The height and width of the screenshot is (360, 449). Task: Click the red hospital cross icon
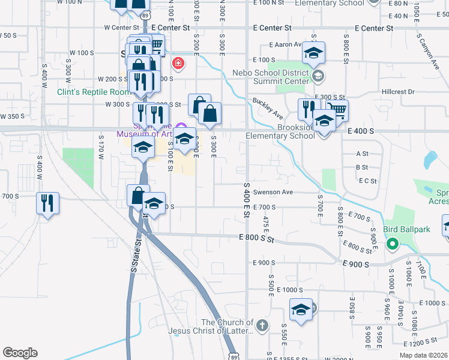coord(178,63)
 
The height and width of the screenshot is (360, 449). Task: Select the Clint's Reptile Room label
coord(94,92)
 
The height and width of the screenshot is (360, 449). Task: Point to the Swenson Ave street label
coord(273,192)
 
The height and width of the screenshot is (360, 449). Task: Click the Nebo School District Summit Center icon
coord(318,76)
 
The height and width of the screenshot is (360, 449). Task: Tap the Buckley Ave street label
coord(268,108)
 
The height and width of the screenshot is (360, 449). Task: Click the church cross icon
coord(261,326)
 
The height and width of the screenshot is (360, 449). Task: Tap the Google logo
coord(20,353)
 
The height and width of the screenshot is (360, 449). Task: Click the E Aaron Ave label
coord(286,44)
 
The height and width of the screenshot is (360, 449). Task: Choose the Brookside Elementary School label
coord(280,131)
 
